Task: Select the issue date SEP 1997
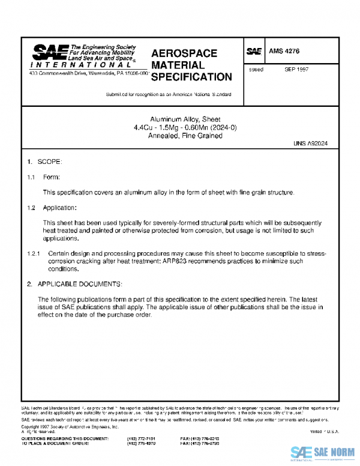point(296,70)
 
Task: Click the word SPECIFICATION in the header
point(191,77)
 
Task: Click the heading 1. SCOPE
point(44,162)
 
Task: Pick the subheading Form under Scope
point(51,177)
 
